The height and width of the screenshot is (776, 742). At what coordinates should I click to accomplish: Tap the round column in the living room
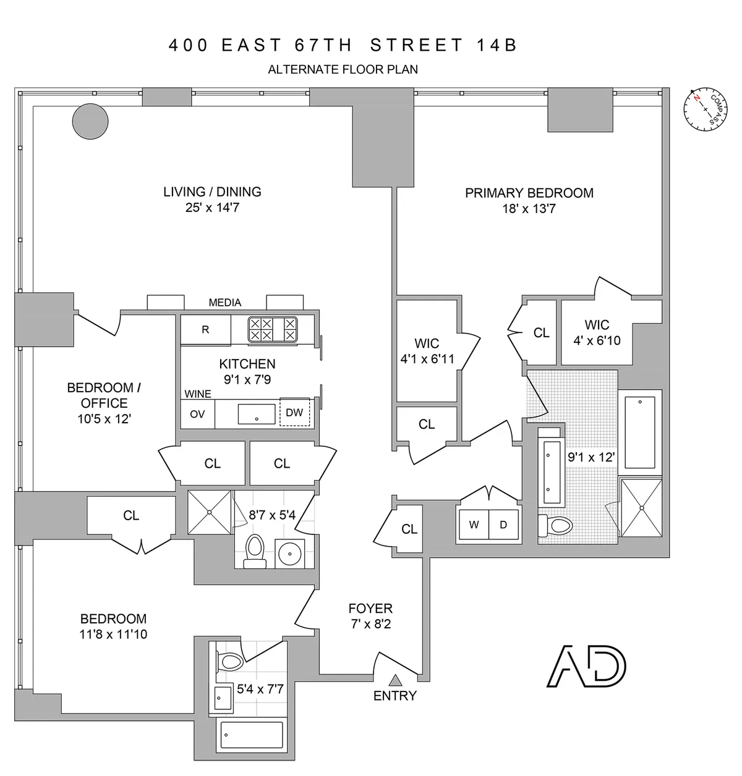[90, 120]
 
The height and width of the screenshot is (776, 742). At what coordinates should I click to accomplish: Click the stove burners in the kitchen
[272, 329]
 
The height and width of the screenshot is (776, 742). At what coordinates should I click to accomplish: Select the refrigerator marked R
[205, 330]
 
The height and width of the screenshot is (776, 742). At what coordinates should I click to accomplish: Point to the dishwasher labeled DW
[294, 412]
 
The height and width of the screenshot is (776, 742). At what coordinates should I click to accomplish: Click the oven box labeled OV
[197, 414]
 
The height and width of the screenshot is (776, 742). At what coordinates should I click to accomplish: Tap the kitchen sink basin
[257, 413]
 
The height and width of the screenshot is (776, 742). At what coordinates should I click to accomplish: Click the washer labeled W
[474, 525]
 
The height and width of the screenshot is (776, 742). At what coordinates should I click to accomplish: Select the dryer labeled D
[503, 525]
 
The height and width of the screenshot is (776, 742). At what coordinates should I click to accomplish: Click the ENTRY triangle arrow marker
[395, 680]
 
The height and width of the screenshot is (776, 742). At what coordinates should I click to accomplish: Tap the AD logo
[587, 667]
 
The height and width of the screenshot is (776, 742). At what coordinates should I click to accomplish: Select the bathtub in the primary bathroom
[641, 432]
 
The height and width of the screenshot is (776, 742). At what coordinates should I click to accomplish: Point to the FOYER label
[370, 609]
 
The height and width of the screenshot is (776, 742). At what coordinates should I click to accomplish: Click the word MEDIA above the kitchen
[225, 303]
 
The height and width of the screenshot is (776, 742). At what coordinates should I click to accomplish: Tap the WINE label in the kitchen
[198, 394]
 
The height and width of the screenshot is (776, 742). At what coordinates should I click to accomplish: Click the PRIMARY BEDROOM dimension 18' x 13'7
[529, 209]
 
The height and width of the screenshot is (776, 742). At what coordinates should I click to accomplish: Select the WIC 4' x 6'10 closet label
[597, 332]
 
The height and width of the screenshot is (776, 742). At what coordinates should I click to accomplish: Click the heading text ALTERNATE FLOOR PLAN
[343, 69]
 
